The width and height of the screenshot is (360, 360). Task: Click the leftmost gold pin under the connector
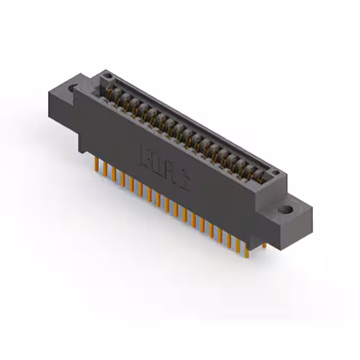coord(96,164)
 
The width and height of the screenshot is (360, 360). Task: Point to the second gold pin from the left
coord(105,169)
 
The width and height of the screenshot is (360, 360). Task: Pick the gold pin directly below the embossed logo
coord(167,205)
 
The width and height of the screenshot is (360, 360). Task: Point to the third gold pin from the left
coord(113,173)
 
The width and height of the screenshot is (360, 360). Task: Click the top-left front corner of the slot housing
coord(76,90)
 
